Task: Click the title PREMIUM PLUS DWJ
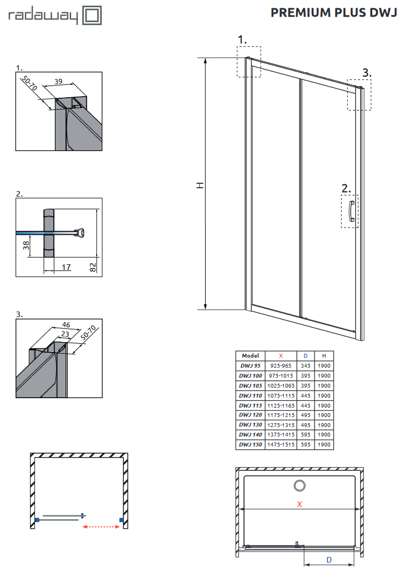coord(333,13)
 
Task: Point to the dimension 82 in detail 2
coord(93,266)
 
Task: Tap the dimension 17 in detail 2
coord(66,267)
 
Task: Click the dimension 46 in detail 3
coord(66,325)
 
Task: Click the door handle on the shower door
coord(351,212)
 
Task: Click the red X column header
coord(280,356)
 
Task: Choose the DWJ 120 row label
coord(250,415)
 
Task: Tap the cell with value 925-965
coord(280,366)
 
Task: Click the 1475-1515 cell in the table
coord(280,444)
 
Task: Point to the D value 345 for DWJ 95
coord(305,366)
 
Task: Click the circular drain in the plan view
coord(300,486)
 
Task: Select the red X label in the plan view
coord(300,504)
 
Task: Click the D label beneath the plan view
coord(329,560)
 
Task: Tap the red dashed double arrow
coord(102,526)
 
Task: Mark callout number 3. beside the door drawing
coord(366,73)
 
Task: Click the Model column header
coord(250,356)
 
